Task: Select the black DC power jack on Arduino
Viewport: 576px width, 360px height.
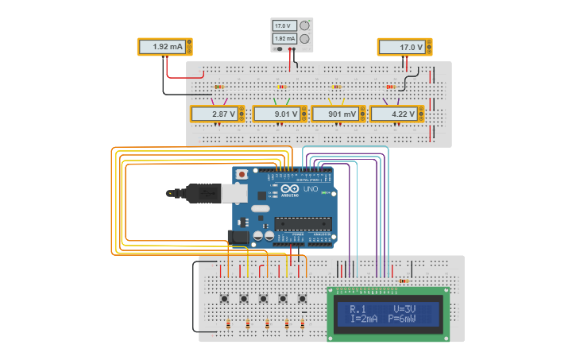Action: pos(238,236)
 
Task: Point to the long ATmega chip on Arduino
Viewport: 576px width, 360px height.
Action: pos(303,223)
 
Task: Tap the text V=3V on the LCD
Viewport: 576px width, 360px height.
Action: pos(411,308)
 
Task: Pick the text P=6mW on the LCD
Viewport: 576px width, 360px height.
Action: pos(414,319)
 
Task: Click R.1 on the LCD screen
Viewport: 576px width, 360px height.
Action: pos(358,308)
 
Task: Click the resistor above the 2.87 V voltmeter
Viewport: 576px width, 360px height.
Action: pos(219,87)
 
